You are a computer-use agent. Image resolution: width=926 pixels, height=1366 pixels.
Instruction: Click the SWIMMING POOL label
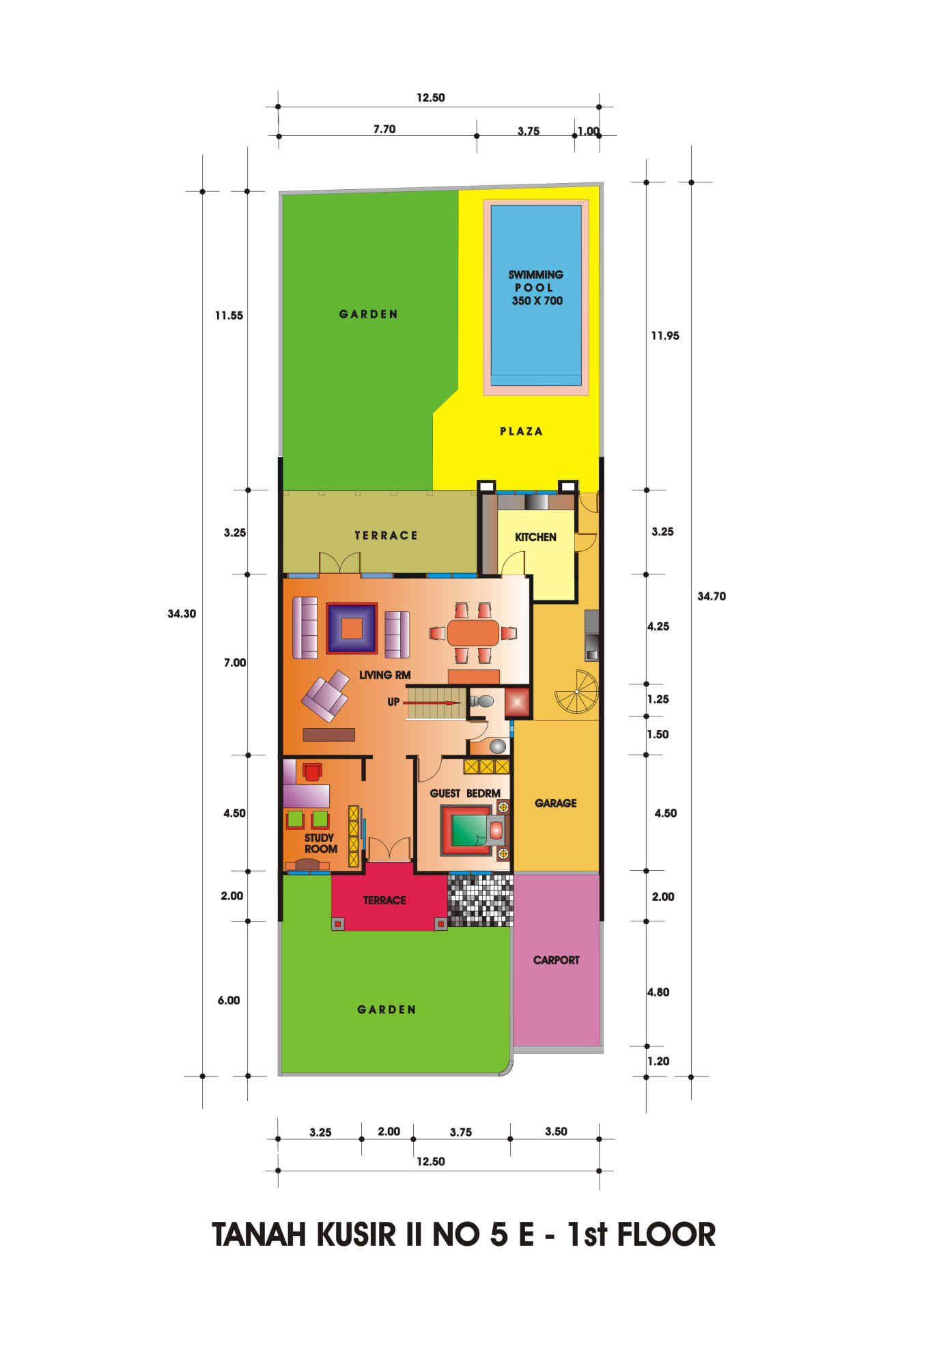(x=536, y=288)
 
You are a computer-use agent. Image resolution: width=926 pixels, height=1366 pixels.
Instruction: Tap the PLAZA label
(x=522, y=431)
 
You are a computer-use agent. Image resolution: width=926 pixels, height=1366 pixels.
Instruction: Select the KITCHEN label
(x=535, y=537)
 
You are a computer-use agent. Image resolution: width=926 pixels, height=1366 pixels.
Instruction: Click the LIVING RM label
(x=385, y=675)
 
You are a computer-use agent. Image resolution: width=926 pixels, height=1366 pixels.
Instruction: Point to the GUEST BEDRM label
(x=465, y=793)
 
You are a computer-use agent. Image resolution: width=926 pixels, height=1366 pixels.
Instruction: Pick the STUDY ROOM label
(x=320, y=844)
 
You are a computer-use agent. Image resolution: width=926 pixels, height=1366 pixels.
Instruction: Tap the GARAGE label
(x=555, y=803)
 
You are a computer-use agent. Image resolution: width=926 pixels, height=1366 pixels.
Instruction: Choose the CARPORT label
(x=556, y=960)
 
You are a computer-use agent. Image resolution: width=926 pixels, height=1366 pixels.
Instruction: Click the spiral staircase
(x=576, y=692)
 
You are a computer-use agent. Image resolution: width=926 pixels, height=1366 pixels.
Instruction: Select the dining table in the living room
(x=473, y=632)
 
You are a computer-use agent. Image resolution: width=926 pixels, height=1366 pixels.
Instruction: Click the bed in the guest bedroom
(x=474, y=830)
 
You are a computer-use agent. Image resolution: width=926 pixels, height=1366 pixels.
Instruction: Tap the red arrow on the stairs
(x=432, y=702)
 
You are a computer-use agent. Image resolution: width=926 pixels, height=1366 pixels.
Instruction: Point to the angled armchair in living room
(x=325, y=695)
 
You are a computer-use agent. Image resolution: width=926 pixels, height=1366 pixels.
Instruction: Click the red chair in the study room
(x=312, y=771)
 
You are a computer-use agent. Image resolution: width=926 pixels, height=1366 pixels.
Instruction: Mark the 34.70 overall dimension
(x=711, y=596)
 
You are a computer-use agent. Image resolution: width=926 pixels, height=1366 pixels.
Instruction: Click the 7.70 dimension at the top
(x=384, y=129)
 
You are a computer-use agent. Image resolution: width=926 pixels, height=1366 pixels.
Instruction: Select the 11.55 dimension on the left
(x=229, y=316)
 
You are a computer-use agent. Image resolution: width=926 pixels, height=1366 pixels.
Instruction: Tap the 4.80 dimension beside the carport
(x=658, y=992)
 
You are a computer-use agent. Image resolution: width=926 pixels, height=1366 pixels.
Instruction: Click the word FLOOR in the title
(x=667, y=1234)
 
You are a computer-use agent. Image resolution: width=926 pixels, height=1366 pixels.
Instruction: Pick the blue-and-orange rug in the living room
(x=352, y=628)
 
